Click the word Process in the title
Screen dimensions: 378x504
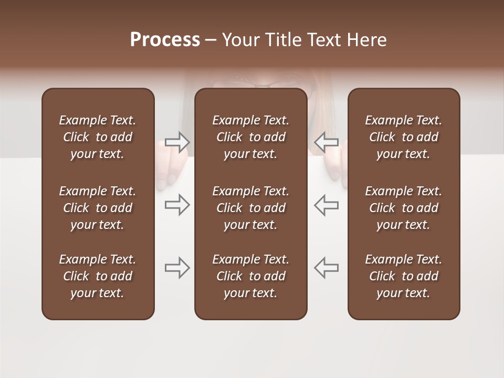point(165,40)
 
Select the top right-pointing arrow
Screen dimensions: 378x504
point(177,142)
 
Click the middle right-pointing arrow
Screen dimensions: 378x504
point(177,205)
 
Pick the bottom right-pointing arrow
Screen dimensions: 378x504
point(177,268)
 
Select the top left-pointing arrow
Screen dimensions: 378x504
point(326,142)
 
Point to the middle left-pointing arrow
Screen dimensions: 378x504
point(326,205)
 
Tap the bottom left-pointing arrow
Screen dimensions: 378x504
point(326,268)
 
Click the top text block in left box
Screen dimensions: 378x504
point(98,137)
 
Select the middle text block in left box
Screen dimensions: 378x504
point(98,208)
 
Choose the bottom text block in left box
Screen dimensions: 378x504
point(98,276)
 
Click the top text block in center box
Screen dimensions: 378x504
point(250,137)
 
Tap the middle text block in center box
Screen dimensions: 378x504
point(250,208)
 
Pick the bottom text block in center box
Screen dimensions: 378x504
point(250,276)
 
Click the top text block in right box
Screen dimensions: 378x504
point(403,137)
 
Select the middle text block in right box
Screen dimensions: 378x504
point(403,208)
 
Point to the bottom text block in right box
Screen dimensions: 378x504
point(403,276)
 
